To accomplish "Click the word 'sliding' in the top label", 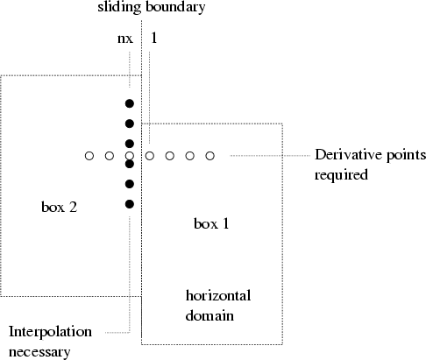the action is tap(119, 7).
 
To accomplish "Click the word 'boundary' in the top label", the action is tap(175, 7).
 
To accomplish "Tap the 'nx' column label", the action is tap(125, 39).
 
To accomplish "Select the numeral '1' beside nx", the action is tap(154, 38).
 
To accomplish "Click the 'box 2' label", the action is tap(60, 207).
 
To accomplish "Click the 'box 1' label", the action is tap(211, 223).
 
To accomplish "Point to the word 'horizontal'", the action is tap(218, 295).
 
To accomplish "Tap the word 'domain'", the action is tap(209, 315).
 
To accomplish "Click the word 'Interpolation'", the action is tap(50, 332).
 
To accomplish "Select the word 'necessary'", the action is tap(39, 352).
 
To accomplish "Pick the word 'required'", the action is tap(341, 175).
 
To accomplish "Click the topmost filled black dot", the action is tap(130, 103).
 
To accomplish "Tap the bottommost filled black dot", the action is tap(130, 204).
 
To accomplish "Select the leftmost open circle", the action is tap(89, 156).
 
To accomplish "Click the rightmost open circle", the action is tap(210, 156).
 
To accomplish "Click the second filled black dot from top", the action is tap(130, 124).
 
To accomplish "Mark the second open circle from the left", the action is tap(110, 156).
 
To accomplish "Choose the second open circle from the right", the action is tap(190, 156).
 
